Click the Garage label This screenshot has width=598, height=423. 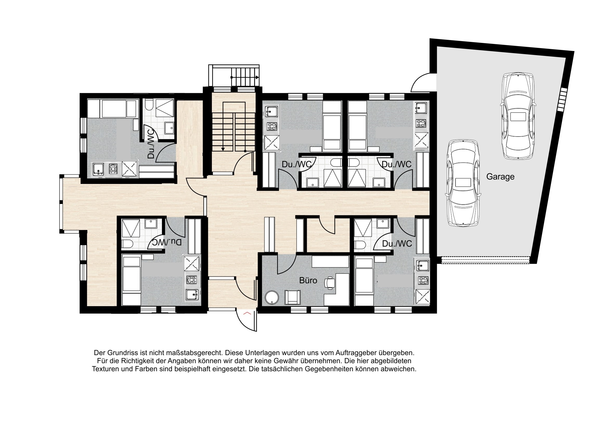coord(500,177)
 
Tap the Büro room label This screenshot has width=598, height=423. coord(308,280)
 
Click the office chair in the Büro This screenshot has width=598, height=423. coord(330,283)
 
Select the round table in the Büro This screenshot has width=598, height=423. coord(272,297)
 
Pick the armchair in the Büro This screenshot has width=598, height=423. coord(292,297)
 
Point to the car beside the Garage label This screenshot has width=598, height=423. coord(463,182)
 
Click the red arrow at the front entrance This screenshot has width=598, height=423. coord(247,313)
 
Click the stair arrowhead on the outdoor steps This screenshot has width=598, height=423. coord(257,78)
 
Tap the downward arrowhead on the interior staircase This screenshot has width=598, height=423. coord(223,149)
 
